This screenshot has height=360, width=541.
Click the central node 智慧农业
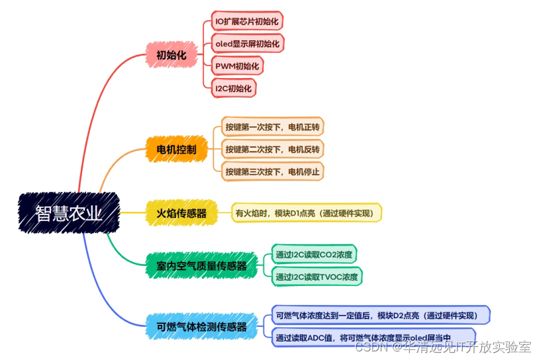click(69, 213)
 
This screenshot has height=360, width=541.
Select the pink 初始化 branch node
click(172, 56)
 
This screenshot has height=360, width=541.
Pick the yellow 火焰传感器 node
click(181, 213)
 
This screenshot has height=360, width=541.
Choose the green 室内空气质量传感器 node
click(197, 265)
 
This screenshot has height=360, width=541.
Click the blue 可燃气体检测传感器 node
click(202, 326)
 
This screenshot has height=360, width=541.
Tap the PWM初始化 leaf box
click(236, 66)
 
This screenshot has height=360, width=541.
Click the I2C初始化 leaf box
click(234, 88)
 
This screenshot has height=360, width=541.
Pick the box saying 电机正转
click(272, 127)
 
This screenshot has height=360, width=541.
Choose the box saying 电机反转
click(272, 150)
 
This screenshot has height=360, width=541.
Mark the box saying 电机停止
click(272, 172)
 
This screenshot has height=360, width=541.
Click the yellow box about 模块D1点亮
click(305, 213)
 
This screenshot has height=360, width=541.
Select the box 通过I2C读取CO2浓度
click(314, 255)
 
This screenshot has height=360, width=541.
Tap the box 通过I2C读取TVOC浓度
click(317, 277)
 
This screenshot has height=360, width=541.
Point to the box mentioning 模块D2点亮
click(380, 315)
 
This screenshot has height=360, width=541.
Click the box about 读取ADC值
click(373, 337)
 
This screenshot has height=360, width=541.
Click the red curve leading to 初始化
click(99, 106)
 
